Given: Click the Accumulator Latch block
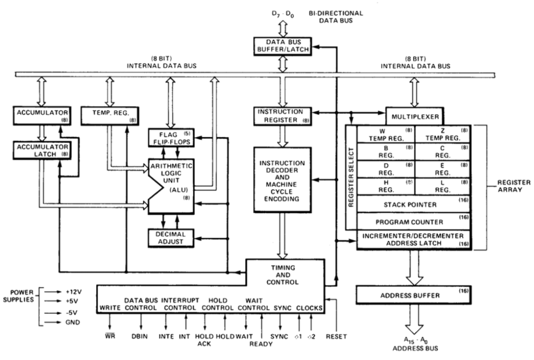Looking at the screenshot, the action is [42, 150].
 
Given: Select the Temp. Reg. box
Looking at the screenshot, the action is [110, 116].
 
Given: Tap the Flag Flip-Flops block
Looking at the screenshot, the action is [172, 138].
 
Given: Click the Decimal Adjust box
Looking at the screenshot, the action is [171, 238].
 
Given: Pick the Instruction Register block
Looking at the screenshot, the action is [282, 116].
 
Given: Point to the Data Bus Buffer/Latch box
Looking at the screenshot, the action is [282, 46].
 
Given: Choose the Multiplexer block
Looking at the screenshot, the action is [415, 117].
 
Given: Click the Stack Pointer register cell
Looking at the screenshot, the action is [413, 204].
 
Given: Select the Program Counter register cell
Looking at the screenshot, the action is [413, 222].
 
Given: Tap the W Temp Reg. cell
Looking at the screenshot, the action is [386, 134].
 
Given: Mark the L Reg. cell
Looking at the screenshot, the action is [443, 186].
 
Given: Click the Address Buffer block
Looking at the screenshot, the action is [413, 295].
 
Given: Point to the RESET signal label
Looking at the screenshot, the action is [336, 337].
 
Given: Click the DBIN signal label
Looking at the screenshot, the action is [140, 337].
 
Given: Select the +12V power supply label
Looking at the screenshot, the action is [73, 292].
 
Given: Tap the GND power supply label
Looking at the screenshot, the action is [73, 322].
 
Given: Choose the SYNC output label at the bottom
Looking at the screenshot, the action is [279, 337].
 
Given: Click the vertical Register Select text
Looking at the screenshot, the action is [351, 177].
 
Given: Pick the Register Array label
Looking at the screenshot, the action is [513, 186].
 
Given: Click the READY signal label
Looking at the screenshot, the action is [261, 344].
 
